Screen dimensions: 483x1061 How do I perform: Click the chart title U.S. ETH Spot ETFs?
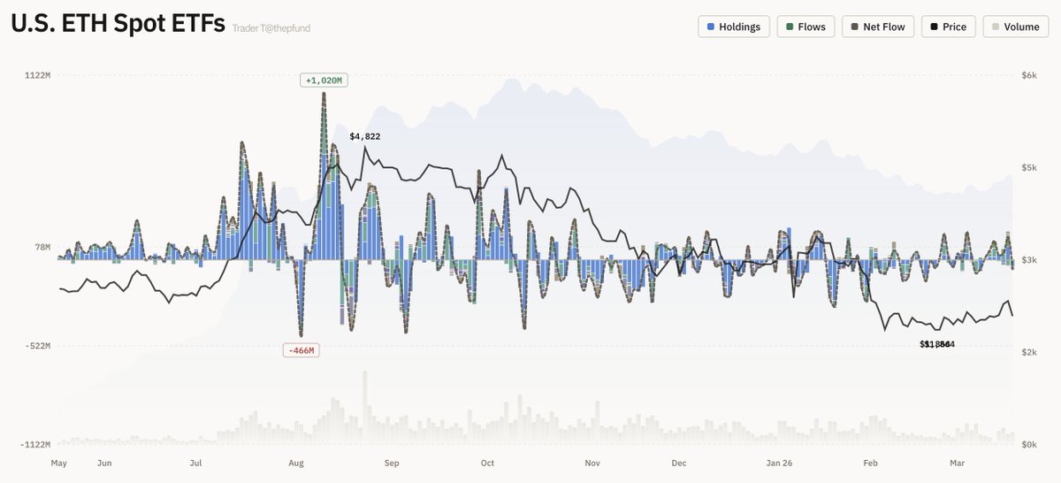[x=118, y=24]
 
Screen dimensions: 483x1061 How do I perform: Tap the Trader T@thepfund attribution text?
[x=271, y=28]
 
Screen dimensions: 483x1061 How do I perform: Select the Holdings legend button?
[x=734, y=27]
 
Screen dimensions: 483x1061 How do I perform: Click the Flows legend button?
[x=805, y=27]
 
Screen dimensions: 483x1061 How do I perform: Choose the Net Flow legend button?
[x=877, y=27]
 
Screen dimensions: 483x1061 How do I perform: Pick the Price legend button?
[x=947, y=27]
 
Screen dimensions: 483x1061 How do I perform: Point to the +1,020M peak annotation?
[x=323, y=80]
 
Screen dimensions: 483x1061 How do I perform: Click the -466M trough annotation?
[x=300, y=350]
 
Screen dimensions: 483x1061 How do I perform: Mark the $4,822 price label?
[x=365, y=136]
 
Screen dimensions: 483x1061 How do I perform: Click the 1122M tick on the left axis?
[x=37, y=76]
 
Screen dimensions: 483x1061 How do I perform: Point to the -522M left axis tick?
[x=37, y=346]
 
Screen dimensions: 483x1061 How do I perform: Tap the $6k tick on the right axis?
[x=1028, y=76]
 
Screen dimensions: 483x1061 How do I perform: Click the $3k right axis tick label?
[x=1028, y=260]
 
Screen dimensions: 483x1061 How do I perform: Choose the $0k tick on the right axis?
[x=1028, y=444]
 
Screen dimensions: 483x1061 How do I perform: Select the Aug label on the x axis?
[x=297, y=463]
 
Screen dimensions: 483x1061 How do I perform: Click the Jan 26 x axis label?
[x=779, y=463]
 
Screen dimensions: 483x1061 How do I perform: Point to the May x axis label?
[x=59, y=463]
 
